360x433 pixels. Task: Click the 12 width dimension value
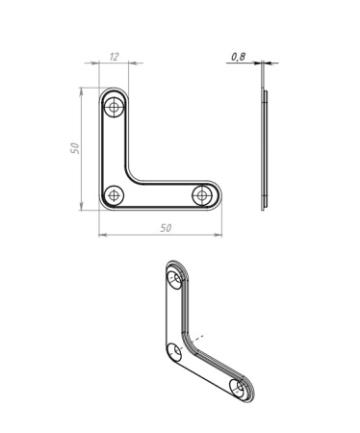[x=115, y=57]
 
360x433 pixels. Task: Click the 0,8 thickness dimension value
[x=238, y=57]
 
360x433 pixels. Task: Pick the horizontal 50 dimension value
[x=165, y=227]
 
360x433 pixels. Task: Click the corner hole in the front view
[x=115, y=195]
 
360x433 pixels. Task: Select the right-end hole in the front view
[x=202, y=195]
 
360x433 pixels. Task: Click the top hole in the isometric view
[x=174, y=280]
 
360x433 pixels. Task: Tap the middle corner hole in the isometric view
[x=174, y=352]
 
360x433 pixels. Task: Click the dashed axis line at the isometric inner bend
[x=196, y=338]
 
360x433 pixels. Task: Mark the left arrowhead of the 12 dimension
[x=101, y=64]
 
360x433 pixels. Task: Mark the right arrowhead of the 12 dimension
[x=130, y=64]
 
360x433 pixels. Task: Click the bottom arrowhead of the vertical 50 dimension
[x=80, y=210]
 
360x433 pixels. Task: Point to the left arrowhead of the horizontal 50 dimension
[x=101, y=233]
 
